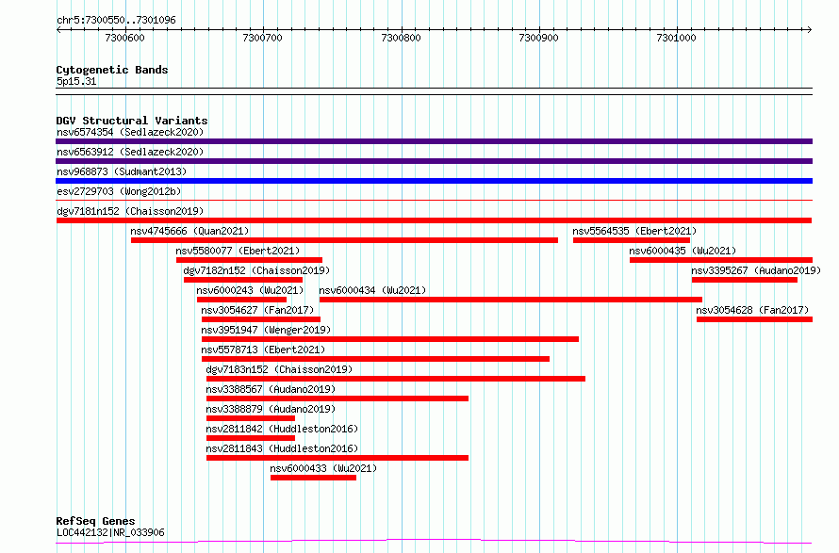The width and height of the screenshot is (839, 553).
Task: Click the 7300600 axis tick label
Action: click(124, 38)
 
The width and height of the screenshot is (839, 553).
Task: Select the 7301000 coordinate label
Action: click(676, 38)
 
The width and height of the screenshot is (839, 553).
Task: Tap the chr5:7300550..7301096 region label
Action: click(116, 20)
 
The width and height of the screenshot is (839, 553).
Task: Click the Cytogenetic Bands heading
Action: click(112, 70)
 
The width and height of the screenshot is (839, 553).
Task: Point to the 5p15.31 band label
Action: click(76, 81)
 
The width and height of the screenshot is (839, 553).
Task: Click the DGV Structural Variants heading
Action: click(132, 121)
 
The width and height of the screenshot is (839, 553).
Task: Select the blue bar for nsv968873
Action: click(434, 181)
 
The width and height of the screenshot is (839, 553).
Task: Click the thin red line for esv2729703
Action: click(434, 201)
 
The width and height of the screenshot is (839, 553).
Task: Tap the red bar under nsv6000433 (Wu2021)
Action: click(313, 478)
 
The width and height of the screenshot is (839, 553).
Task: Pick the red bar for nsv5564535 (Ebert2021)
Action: click(632, 240)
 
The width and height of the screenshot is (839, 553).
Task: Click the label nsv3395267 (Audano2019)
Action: click(756, 270)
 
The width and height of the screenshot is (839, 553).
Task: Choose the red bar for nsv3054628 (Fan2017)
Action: click(754, 319)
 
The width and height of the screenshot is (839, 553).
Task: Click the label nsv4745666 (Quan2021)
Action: click(189, 231)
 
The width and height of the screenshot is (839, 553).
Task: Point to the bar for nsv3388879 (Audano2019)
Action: click(251, 418)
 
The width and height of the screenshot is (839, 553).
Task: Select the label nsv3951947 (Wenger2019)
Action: click(266, 330)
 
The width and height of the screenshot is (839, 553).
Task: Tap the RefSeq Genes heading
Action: click(95, 521)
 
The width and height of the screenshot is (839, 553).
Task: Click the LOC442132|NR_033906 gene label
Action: click(110, 532)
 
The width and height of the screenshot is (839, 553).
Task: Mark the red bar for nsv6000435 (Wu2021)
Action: click(721, 260)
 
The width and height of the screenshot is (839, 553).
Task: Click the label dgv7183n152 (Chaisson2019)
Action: click(279, 369)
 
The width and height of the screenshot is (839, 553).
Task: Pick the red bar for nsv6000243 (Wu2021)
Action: click(241, 300)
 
